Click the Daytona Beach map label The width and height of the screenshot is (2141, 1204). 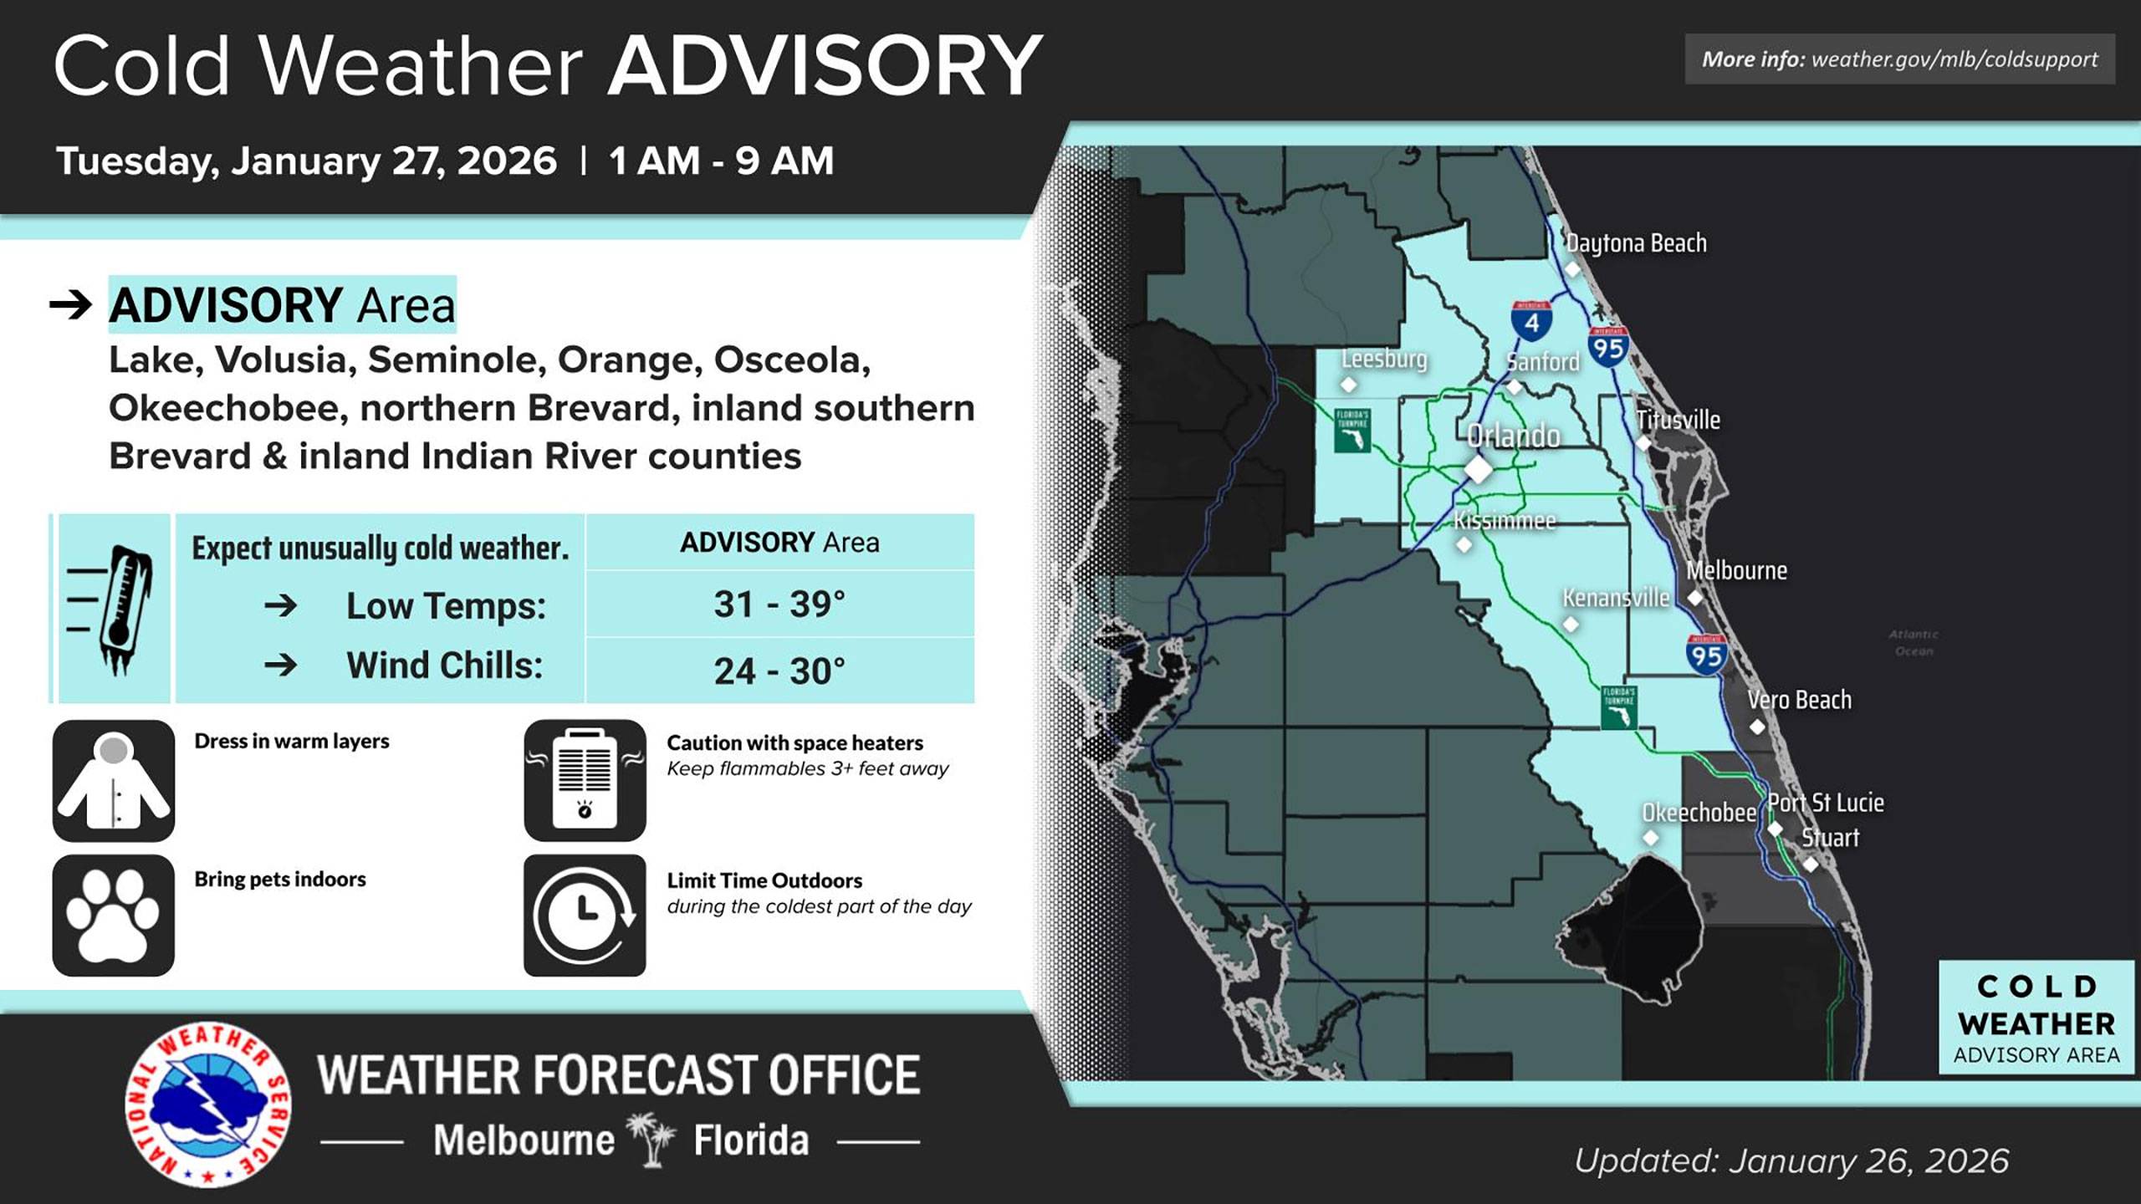pos(1636,243)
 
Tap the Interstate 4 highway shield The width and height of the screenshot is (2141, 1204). pos(1531,320)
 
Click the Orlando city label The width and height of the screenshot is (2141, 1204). pos(1513,436)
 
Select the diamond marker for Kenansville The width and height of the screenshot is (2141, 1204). pos(1571,625)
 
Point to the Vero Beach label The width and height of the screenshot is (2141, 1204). pos(1799,700)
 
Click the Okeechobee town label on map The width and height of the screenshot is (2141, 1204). pos(1698,813)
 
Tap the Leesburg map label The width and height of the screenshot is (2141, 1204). pos(1384,359)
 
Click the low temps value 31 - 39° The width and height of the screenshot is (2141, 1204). pos(779,605)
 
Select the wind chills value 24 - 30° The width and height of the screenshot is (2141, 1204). pos(779,671)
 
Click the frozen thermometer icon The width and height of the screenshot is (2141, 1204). pos(114,609)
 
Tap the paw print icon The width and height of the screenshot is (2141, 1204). pos(114,916)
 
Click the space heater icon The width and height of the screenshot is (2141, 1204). pos(585,780)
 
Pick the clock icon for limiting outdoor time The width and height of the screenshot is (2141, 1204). pos(585,916)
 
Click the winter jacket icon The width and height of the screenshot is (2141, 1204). pos(114,780)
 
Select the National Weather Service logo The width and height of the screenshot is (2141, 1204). pos(208,1104)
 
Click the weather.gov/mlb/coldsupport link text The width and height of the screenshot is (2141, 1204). pos(1954,59)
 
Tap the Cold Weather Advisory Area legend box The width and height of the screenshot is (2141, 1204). pos(2036,1018)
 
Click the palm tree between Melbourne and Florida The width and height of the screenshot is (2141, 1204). pos(652,1139)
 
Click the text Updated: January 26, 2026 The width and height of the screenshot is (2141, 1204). pos(1791,1161)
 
